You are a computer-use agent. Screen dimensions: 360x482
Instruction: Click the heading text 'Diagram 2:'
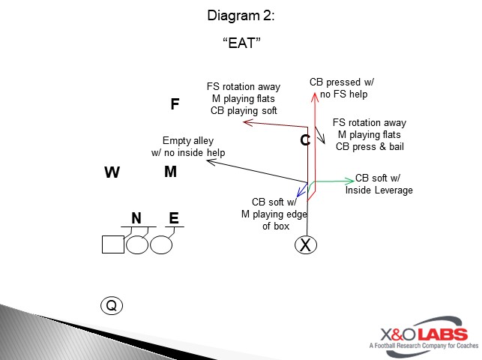pyautogui.click(x=241, y=15)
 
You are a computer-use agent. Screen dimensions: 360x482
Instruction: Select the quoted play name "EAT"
pyautogui.click(x=241, y=43)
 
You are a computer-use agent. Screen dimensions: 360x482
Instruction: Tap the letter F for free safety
pyautogui.click(x=175, y=104)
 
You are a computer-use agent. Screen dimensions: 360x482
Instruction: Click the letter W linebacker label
pyautogui.click(x=112, y=173)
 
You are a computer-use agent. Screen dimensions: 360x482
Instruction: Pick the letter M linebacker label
pyautogui.click(x=170, y=172)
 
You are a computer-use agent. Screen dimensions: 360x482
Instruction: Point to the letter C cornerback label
pyautogui.click(x=304, y=140)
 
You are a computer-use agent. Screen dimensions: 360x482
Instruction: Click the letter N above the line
pyautogui.click(x=136, y=218)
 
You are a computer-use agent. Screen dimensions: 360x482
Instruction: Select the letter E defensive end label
pyautogui.click(x=173, y=218)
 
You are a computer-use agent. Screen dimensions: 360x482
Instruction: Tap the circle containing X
pyautogui.click(x=305, y=244)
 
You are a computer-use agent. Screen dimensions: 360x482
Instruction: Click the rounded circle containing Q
pyautogui.click(x=111, y=305)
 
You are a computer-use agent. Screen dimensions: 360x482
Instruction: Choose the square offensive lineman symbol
pyautogui.click(x=113, y=244)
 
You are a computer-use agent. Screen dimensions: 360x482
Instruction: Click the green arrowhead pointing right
pyautogui.click(x=350, y=181)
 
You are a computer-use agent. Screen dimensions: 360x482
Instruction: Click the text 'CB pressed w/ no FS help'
pyautogui.click(x=341, y=88)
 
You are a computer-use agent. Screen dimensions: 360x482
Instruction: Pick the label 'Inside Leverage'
pyautogui.click(x=379, y=190)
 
